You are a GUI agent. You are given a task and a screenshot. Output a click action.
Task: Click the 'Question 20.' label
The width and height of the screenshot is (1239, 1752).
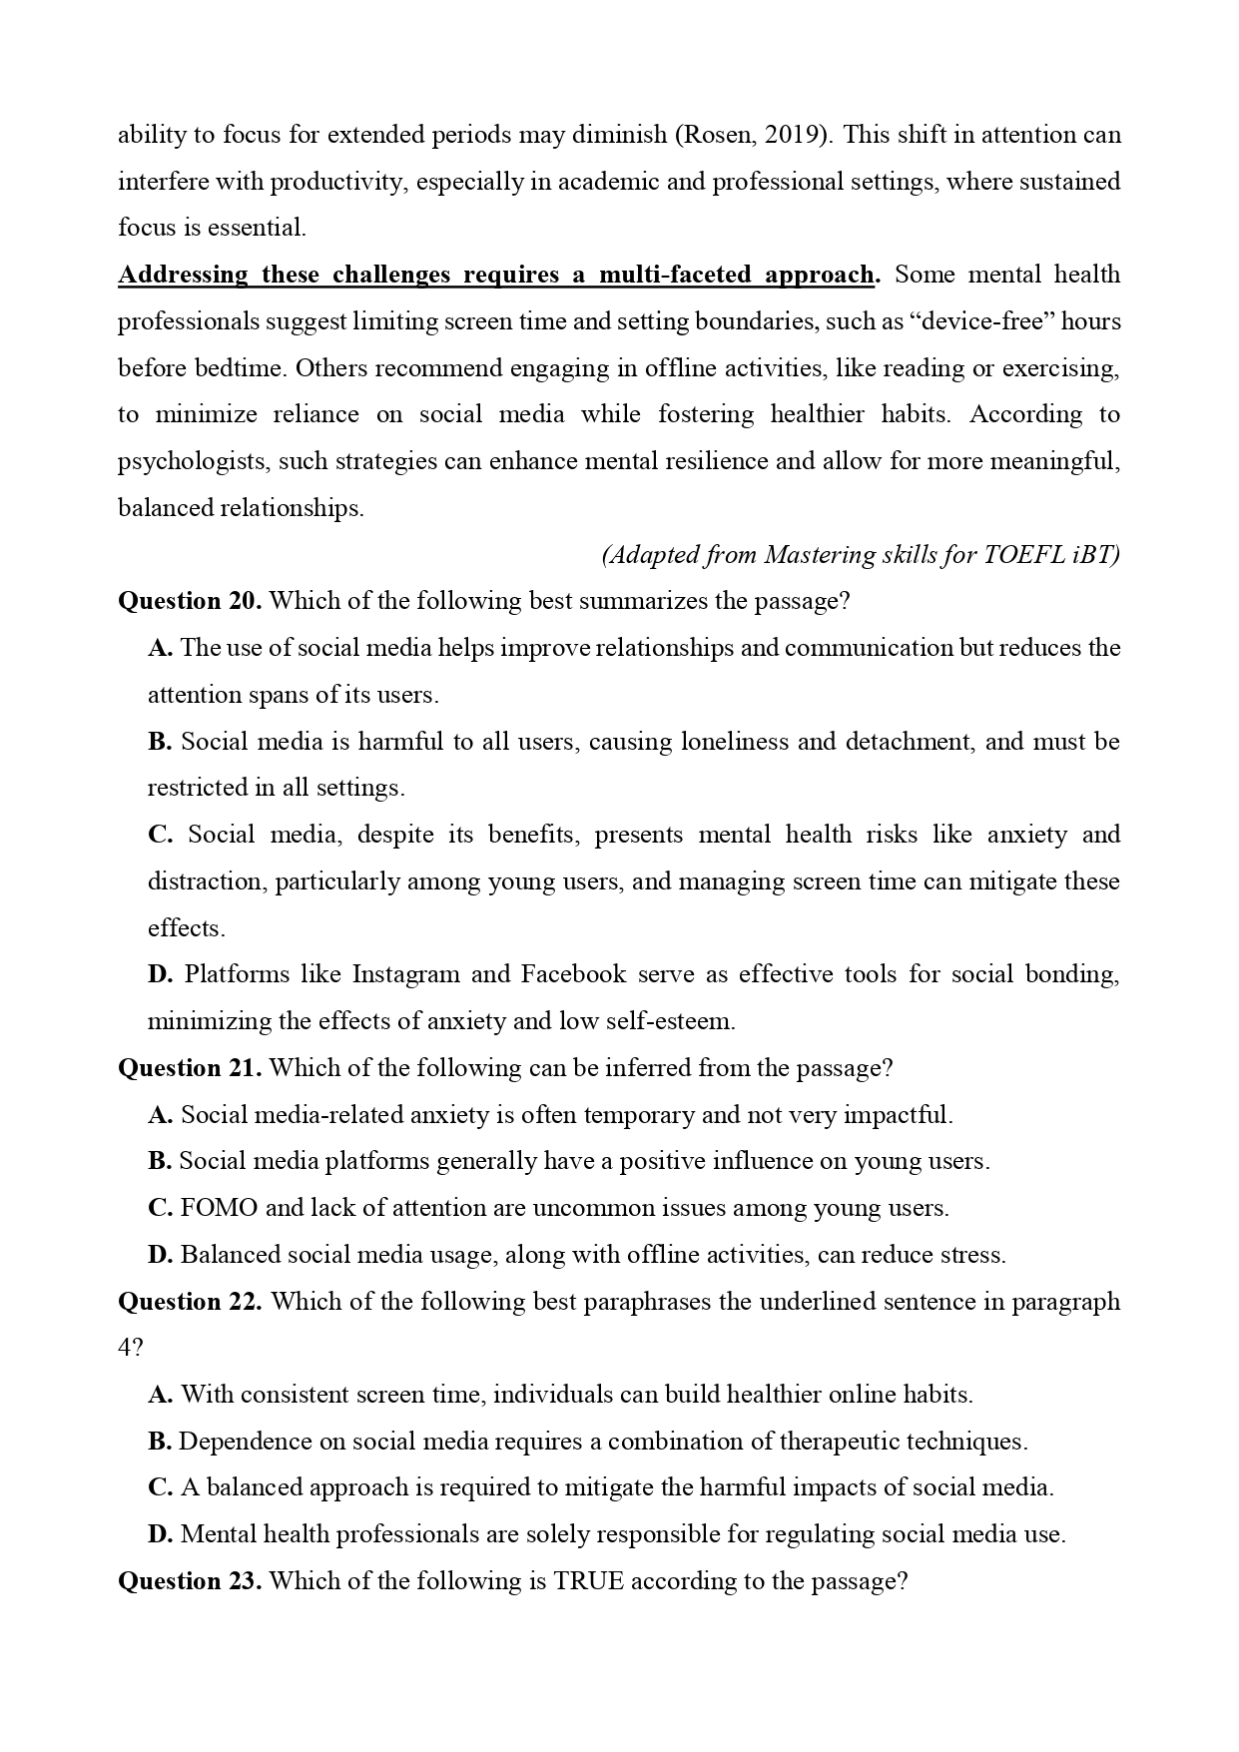point(190,601)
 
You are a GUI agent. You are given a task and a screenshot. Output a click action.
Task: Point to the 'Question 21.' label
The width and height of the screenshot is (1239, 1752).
point(190,1068)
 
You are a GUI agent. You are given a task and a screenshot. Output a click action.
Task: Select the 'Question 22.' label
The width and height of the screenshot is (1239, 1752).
point(190,1302)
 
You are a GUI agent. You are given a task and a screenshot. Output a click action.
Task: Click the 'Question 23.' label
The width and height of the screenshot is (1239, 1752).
point(190,1581)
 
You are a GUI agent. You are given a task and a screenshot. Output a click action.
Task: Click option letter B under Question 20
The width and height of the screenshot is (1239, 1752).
point(160,742)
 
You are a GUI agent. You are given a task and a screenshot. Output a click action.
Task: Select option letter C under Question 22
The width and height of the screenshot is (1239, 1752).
point(160,1487)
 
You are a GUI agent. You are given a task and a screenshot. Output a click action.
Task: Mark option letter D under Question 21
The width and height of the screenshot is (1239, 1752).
point(160,1255)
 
